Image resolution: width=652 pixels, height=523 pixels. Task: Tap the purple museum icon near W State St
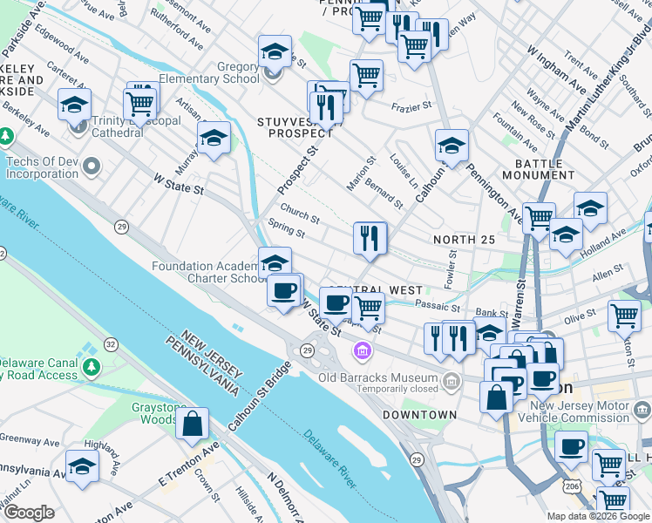pos(360,352)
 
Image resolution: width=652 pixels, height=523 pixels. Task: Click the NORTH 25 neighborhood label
pos(464,240)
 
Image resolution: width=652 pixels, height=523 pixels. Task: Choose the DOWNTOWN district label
pos(418,414)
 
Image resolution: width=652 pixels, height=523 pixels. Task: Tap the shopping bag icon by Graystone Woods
pos(192,425)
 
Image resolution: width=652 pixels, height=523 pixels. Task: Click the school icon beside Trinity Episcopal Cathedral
pos(75,105)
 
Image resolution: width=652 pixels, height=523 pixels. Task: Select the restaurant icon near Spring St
pos(370,237)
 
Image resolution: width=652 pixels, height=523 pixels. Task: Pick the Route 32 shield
pos(111,344)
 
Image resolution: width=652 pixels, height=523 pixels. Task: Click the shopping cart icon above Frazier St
pos(366,76)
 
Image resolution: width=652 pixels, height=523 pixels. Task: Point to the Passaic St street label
pos(438,307)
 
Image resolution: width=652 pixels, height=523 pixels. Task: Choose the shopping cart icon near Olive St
pos(624,316)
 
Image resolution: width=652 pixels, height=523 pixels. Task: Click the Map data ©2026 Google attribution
pos(597,516)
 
